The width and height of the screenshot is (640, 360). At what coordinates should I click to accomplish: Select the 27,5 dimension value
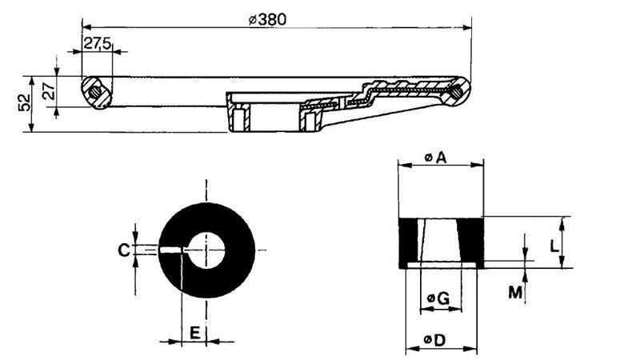98,44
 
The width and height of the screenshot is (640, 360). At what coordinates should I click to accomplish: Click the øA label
437,158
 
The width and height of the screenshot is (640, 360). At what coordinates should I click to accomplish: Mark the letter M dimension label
516,293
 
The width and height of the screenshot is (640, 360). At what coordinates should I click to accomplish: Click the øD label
437,341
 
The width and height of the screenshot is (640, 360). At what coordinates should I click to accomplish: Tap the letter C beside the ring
124,251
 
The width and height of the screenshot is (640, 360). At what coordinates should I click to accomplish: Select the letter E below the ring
194,334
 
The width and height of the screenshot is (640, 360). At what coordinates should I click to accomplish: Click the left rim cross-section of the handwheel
96,92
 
